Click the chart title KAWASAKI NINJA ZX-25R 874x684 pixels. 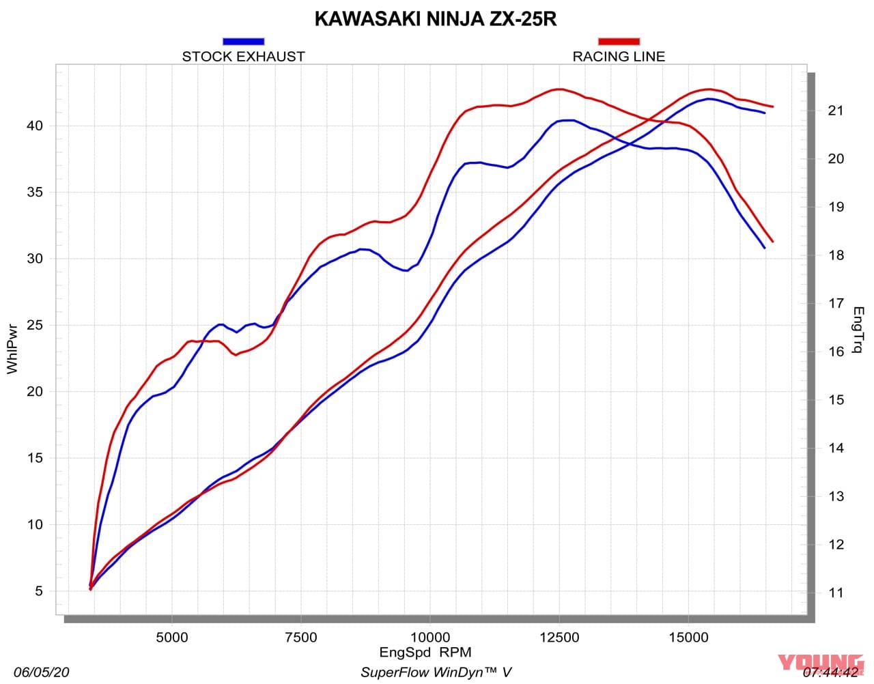pos(436,19)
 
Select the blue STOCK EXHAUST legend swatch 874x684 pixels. pos(243,42)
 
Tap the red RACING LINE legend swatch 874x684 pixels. pos(619,42)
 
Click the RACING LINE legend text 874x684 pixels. pos(619,57)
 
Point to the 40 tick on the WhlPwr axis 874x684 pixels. pos(35,126)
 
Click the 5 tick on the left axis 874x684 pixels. pos(39,591)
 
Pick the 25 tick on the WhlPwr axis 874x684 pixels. pos(35,325)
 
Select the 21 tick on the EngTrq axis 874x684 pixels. pos(836,111)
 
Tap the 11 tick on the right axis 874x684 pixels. pos(836,593)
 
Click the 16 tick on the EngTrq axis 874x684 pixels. pos(836,352)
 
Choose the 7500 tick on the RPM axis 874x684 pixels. pos(300,638)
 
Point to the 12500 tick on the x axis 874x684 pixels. pos(559,638)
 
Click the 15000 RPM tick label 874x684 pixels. pos(688,638)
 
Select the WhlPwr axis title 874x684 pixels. pos(12,350)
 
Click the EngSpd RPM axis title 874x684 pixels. pos(425,653)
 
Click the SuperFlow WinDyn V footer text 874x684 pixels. pos(436,672)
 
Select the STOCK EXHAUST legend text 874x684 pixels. pos(243,57)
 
